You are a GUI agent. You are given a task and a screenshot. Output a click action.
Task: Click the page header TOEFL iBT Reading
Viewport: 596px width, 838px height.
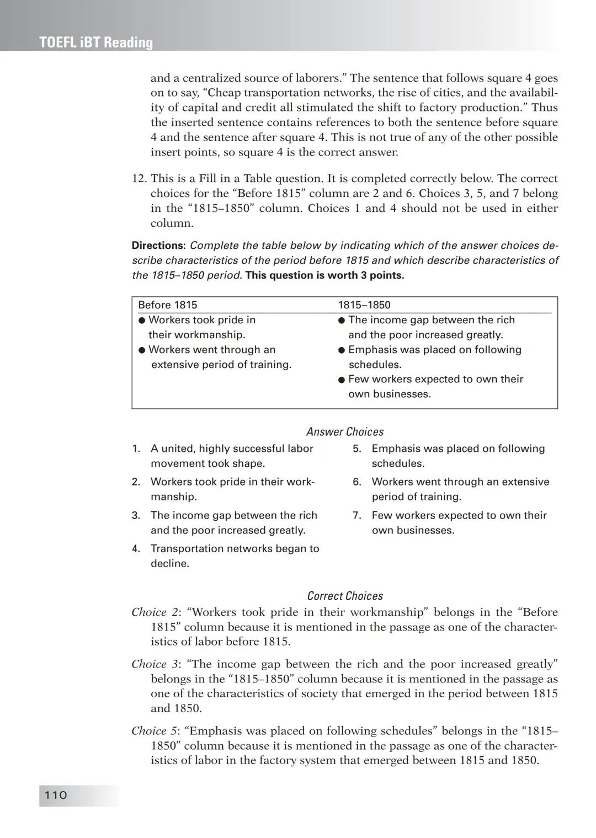96,42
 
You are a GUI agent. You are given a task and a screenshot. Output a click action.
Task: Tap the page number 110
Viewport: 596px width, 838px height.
55,795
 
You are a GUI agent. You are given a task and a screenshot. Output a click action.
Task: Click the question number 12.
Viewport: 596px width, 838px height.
138,179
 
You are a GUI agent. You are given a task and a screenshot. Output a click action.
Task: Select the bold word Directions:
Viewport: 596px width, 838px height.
159,245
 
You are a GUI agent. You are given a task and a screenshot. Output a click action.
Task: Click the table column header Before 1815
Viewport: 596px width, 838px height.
167,305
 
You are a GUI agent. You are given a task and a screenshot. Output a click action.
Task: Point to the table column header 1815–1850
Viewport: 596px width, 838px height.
364,305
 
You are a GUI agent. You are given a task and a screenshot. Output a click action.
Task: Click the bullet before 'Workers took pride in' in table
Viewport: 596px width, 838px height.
142,321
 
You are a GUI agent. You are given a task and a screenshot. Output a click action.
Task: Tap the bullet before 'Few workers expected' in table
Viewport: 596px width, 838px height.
342,380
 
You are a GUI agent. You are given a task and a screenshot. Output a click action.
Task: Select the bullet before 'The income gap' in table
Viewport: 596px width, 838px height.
342,321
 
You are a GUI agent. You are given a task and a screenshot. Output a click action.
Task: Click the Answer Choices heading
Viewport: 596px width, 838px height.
345,432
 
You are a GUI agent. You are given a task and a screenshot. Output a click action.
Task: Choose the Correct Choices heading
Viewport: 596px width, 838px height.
345,596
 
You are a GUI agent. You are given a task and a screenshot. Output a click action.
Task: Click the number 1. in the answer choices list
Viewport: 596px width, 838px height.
136,449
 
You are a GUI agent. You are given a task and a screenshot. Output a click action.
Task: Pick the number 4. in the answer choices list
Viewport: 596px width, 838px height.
136,549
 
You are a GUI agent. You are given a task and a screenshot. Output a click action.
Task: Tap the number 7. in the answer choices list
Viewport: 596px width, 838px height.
357,516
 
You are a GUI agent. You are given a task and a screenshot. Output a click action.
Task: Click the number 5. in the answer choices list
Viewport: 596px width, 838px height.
357,449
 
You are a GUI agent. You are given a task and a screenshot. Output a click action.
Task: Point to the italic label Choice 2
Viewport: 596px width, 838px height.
156,612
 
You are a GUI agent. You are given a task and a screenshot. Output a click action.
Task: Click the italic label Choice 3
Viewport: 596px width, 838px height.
156,664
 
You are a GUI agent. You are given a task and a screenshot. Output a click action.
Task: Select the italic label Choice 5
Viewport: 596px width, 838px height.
156,731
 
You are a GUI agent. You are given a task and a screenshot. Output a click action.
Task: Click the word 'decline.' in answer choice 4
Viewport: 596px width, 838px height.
170,564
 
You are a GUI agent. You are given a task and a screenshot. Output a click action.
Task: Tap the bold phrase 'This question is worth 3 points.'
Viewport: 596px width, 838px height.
324,275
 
